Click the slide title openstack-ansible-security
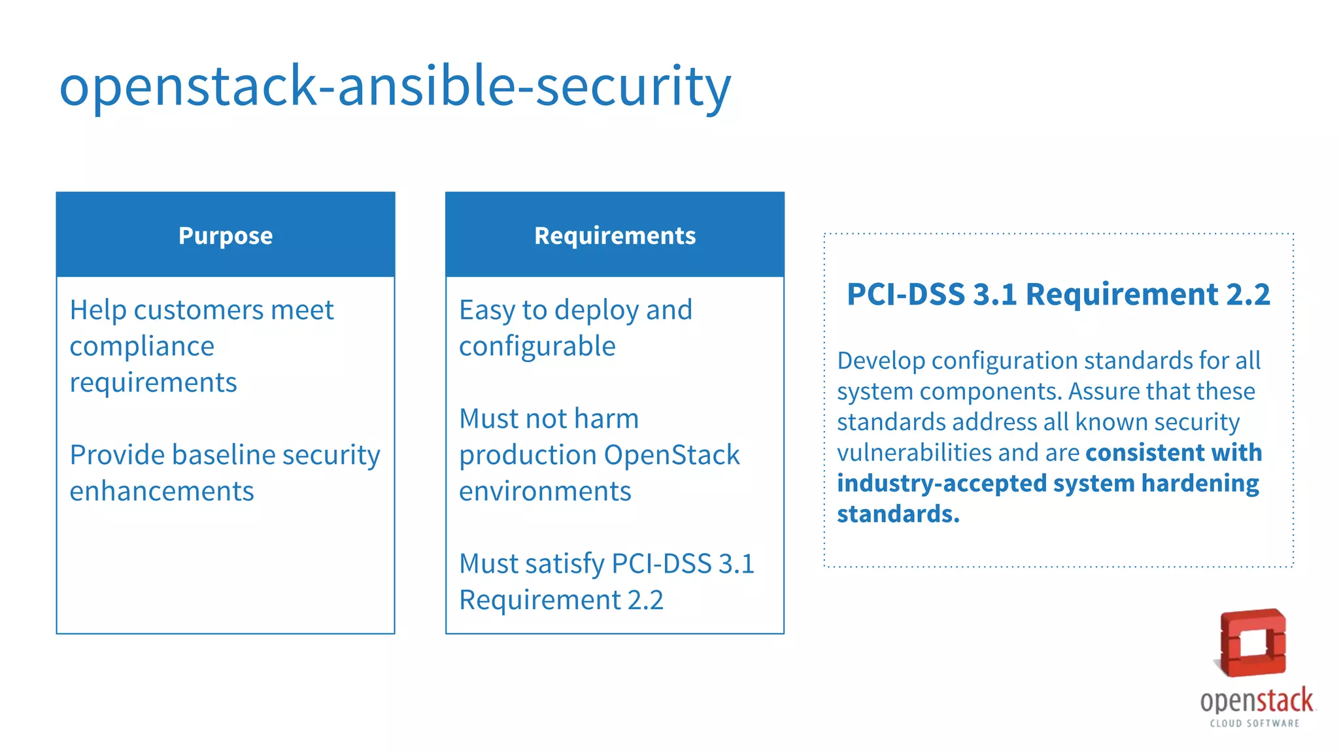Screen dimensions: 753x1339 pos(394,87)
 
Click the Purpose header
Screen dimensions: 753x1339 pos(225,235)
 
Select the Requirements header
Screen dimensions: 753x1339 pos(615,235)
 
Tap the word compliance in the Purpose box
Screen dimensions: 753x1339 pos(142,346)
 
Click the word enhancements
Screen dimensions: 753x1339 pos(161,492)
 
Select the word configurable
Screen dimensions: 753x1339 pos(537,346)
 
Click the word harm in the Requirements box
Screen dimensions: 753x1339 pos(607,419)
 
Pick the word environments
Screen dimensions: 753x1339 pos(545,492)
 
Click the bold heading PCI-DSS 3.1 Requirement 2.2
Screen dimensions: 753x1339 pos(1058,295)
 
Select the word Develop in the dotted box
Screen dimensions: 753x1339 pos(881,361)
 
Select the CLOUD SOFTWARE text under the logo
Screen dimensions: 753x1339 pos(1254,723)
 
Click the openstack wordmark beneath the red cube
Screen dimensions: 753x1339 pos(1256,701)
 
